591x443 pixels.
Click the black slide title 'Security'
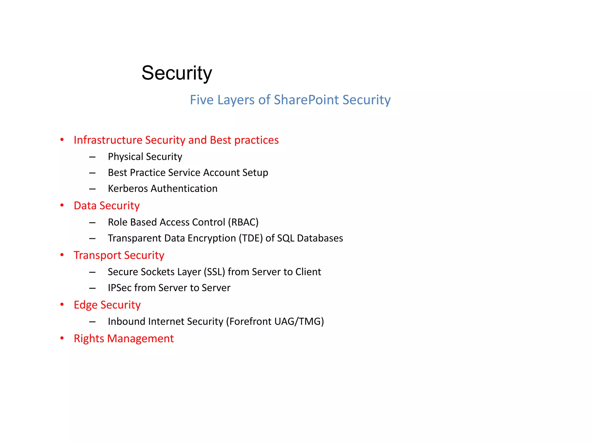(177, 73)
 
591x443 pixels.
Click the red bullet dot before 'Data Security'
(62, 205)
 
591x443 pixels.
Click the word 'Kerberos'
(128, 189)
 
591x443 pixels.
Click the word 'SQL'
(285, 238)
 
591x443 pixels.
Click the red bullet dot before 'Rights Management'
(62, 338)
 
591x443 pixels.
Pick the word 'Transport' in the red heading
(97, 256)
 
